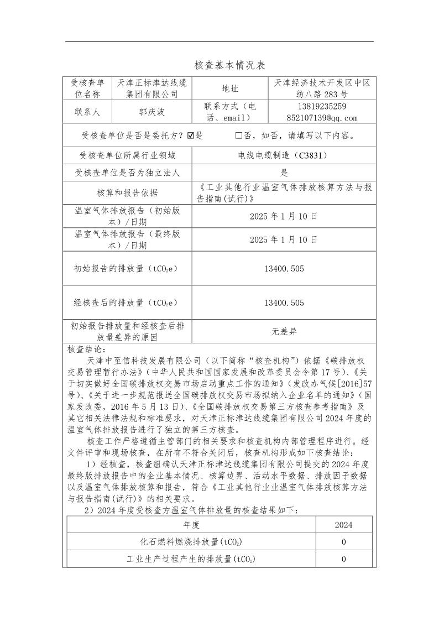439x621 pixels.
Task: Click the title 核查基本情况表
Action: click(219, 65)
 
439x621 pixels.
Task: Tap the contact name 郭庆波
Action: click(151, 112)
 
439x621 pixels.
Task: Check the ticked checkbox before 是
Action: click(191, 135)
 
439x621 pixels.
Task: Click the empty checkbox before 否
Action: click(238, 135)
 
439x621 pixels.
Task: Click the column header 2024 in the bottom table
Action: click(343, 525)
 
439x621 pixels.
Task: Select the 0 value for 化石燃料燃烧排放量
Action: click(343, 542)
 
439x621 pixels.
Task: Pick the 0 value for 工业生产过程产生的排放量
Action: click(343, 559)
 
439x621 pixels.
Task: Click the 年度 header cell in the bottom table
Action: click(191, 525)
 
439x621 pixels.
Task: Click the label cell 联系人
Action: click(87, 112)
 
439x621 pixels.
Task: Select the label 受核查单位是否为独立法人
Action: click(127, 173)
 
